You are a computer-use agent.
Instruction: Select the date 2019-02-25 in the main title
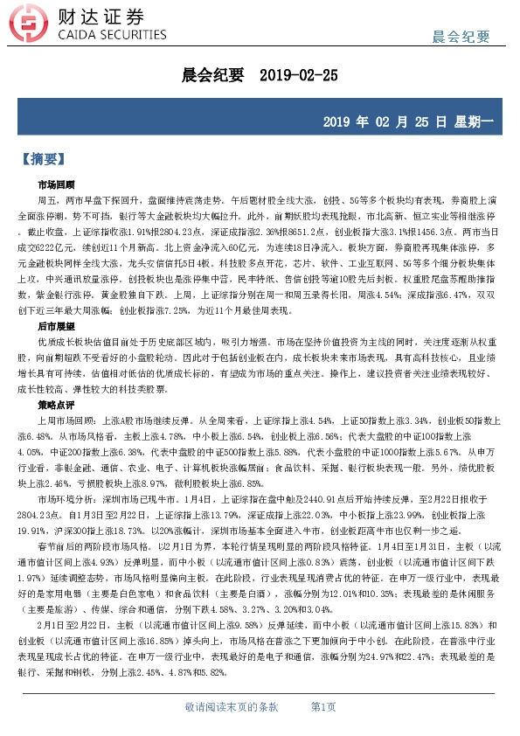(299, 76)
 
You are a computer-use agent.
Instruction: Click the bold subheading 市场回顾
(56, 185)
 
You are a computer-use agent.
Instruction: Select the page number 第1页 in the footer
(322, 706)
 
